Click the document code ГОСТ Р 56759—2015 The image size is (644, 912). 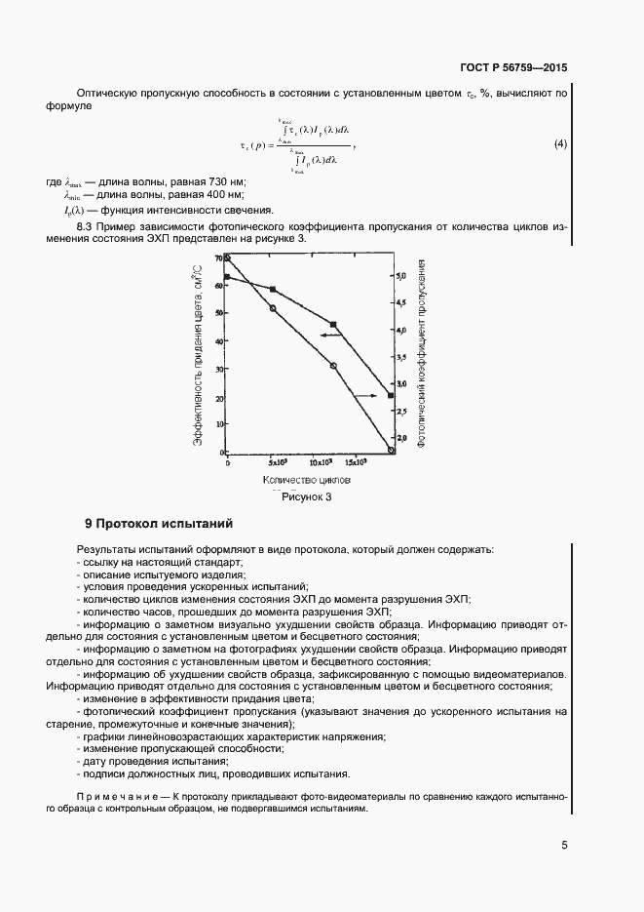pos(513,68)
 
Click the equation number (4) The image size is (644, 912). pos(559,145)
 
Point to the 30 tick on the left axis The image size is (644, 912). pos(219,370)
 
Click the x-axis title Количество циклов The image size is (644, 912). pos(306,481)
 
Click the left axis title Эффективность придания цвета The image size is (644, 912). pos(198,356)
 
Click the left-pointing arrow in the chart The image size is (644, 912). pos(332,335)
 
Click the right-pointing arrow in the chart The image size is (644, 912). pos(366,395)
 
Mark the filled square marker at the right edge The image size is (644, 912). pos(391,395)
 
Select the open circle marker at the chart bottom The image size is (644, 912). pos(391,451)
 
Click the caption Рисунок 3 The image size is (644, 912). pos(307,496)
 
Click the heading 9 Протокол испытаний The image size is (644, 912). pos(159,524)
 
